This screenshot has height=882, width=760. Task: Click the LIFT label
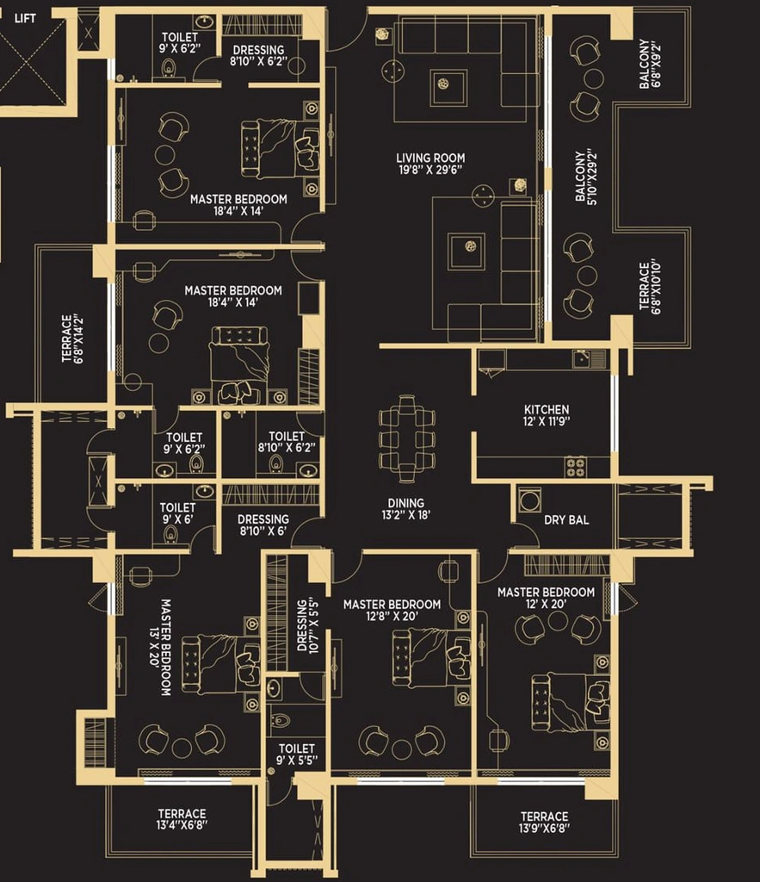pyautogui.click(x=25, y=19)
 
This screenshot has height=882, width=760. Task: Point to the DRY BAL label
pyautogui.click(x=566, y=519)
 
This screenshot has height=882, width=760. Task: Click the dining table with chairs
pyautogui.click(x=407, y=438)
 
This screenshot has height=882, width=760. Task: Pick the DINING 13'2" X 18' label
pyautogui.click(x=406, y=508)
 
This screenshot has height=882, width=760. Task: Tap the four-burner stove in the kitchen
pyautogui.click(x=576, y=467)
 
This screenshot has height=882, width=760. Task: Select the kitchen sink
pyautogui.click(x=589, y=358)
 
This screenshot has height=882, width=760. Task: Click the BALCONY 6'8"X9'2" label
pyautogui.click(x=651, y=64)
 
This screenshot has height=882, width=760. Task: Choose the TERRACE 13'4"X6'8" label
pyautogui.click(x=182, y=819)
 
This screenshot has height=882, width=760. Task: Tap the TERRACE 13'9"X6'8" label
pyautogui.click(x=544, y=821)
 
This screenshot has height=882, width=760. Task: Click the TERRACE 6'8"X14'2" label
pyautogui.click(x=72, y=339)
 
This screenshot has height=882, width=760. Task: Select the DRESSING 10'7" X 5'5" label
pyautogui.click(x=308, y=625)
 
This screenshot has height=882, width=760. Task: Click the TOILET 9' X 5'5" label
pyautogui.click(x=297, y=754)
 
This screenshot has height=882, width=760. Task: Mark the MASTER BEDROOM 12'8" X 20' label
pyautogui.click(x=392, y=610)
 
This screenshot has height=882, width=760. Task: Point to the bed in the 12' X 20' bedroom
pyautogui.click(x=570, y=703)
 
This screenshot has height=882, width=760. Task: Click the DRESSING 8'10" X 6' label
pyautogui.click(x=263, y=525)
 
